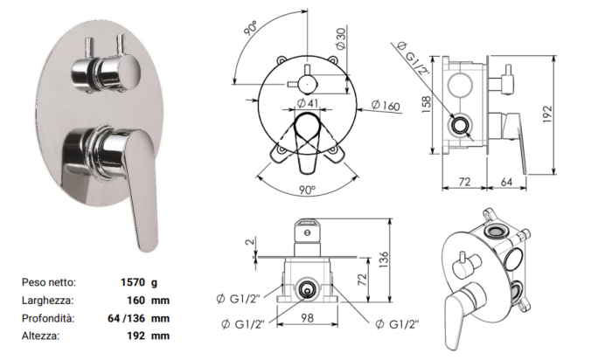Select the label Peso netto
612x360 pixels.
point(49,282)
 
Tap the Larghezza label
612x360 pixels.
point(47,301)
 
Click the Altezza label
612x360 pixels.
point(40,336)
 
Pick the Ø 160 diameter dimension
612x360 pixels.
point(386,106)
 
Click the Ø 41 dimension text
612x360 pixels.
point(308,103)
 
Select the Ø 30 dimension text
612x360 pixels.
point(341,38)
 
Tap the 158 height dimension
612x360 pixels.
point(427,105)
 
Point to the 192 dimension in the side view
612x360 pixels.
point(547,114)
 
